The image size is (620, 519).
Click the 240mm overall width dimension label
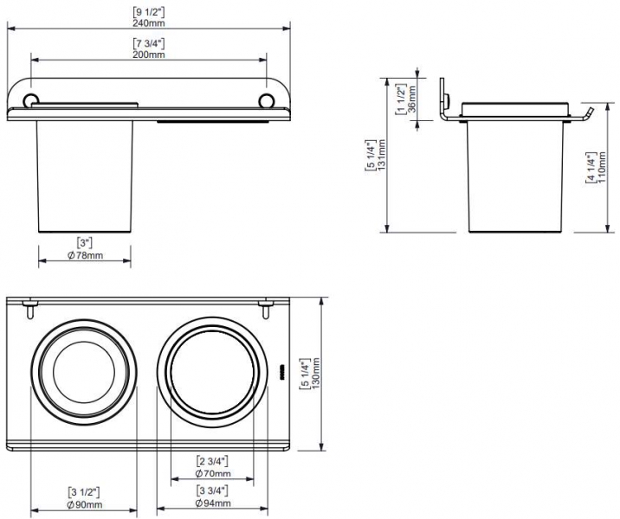pyautogui.click(x=148, y=22)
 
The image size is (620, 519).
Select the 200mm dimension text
pyautogui.click(x=148, y=54)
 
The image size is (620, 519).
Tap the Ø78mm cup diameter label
pyautogui.click(x=85, y=255)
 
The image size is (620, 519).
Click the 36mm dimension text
pyautogui.click(x=412, y=99)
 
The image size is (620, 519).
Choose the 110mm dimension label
pyautogui.click(x=602, y=167)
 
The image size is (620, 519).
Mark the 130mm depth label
pyautogui.click(x=316, y=374)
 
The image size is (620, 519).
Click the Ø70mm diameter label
pyautogui.click(x=213, y=473)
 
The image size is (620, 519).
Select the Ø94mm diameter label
pyautogui.click(x=213, y=503)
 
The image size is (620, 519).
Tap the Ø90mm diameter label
pyautogui.click(x=85, y=504)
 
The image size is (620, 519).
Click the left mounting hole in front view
pyautogui.click(x=30, y=100)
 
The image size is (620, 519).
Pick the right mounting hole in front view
pyautogui.click(x=266, y=100)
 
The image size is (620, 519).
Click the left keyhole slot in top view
pyautogui.click(x=29, y=308)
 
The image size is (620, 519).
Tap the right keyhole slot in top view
pyautogui.click(x=265, y=308)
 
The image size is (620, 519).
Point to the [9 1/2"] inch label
pyautogui.click(x=148, y=12)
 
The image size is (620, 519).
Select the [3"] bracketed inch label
pyautogui.click(x=85, y=243)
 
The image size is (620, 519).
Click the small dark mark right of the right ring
pyautogui.click(x=282, y=372)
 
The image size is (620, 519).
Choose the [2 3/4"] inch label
pyautogui.click(x=213, y=461)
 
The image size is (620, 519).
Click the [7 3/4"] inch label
pyautogui.click(x=148, y=43)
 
